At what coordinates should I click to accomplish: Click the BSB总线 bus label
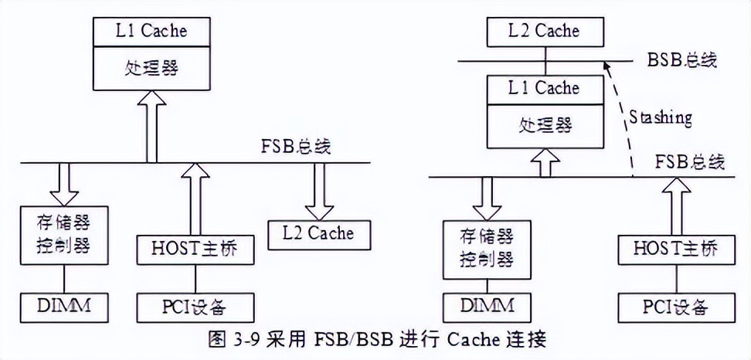click(681, 60)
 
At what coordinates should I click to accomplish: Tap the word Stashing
click(660, 118)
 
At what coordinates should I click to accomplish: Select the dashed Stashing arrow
click(619, 116)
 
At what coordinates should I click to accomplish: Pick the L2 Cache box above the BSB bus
click(545, 31)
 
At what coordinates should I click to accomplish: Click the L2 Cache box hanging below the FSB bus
click(319, 233)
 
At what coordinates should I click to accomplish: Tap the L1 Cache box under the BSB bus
click(543, 88)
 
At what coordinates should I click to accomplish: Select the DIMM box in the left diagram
click(63, 306)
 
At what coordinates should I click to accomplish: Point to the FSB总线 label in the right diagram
click(690, 162)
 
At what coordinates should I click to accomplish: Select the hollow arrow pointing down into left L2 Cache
click(318, 191)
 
